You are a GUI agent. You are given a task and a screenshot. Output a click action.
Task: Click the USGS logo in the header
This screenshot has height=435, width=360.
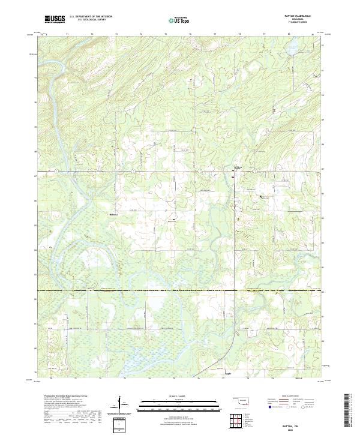click(55, 19)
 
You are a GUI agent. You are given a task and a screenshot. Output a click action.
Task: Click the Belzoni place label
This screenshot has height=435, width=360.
click(114, 214)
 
